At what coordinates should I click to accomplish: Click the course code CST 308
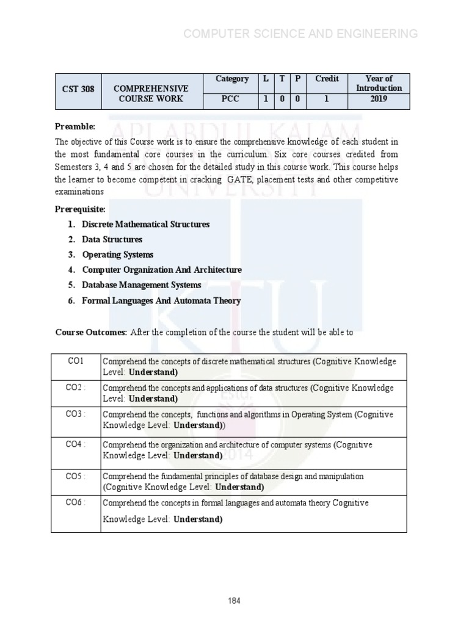coord(79,89)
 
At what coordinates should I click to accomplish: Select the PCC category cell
coord(232,98)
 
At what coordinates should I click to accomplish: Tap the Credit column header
coord(327,79)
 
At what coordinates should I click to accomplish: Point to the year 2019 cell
coord(379,98)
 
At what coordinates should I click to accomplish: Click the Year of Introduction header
coord(379,83)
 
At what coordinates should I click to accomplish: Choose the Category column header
coord(232,79)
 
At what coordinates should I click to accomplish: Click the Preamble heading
coord(75,126)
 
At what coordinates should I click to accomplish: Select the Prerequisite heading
coord(80,209)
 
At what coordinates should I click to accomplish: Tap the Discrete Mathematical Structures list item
coord(145,225)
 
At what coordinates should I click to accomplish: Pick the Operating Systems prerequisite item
coord(117,255)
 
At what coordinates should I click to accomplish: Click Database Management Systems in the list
coord(141,285)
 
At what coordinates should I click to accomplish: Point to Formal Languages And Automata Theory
coord(161,300)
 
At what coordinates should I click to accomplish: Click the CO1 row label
coord(76,361)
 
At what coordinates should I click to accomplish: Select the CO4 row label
coord(76,444)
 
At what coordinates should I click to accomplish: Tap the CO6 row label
coord(76,502)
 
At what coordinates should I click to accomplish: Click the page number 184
coord(234,601)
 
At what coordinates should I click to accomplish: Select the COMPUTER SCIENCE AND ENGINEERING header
coord(301,34)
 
